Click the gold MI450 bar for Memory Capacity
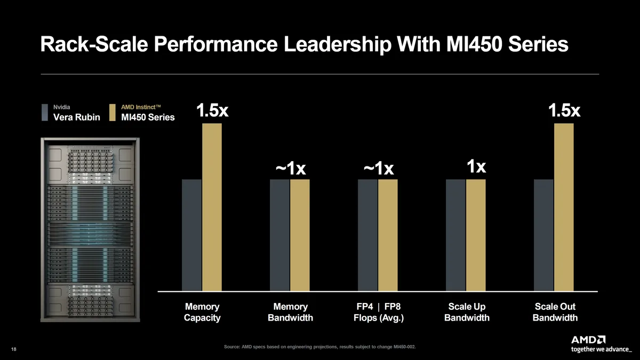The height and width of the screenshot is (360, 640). pos(212,207)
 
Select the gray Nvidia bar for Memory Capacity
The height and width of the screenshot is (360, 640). pos(191,235)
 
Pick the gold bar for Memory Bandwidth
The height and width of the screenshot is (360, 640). pos(300,235)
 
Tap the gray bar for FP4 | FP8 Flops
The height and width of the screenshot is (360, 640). pos(367,235)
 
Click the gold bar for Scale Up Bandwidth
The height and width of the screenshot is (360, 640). pos(476,235)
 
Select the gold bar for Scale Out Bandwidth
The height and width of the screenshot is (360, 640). pos(564,207)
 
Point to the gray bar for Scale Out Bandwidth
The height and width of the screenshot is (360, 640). pos(543,235)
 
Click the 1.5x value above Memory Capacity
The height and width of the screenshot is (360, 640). pos(212,111)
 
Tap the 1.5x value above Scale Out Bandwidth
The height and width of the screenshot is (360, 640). pos(564,111)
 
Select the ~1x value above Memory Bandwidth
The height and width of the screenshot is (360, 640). pos(290,169)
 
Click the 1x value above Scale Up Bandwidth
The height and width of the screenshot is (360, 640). pos(476,167)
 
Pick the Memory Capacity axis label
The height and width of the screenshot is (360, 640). pos(202,313)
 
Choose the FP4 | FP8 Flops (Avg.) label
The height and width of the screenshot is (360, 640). pos(378,313)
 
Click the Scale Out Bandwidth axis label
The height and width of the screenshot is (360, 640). pos(555,313)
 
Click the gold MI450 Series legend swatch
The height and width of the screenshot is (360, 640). pos(113,113)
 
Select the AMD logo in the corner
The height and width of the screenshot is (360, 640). pos(588,339)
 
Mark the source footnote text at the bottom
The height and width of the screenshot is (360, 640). pos(320,347)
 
